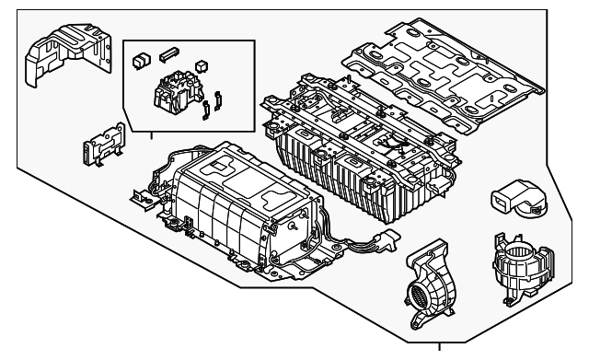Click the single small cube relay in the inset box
coord(202,66)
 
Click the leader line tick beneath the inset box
coord(153,134)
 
